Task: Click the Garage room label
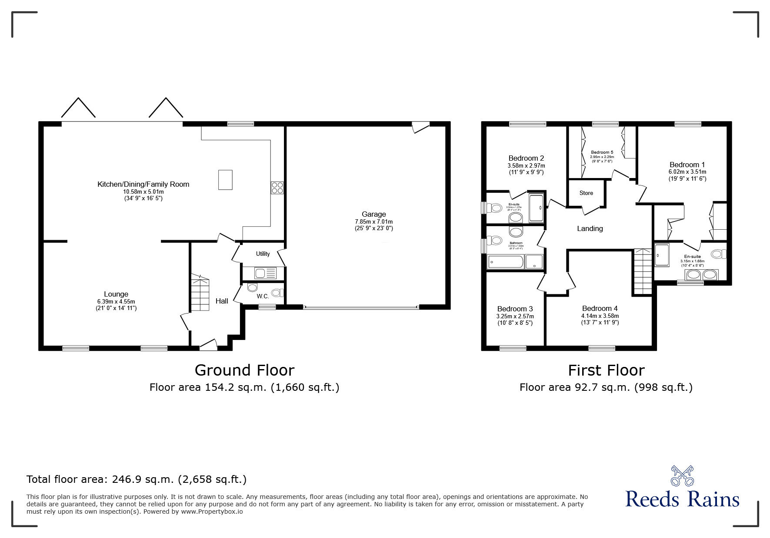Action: pos(373,214)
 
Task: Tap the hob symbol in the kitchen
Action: pos(277,187)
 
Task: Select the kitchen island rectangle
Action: pos(225,179)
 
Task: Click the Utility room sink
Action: pos(265,274)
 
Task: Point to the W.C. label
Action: pos(263,296)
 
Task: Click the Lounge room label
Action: pos(116,294)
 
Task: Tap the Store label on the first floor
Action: pos(586,193)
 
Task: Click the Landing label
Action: pos(590,228)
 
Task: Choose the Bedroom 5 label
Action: pos(602,152)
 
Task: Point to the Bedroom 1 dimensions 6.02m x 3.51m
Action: pos(687,172)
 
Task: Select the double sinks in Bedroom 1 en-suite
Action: pos(701,275)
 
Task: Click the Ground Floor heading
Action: pos(244,370)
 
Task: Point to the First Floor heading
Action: pos(606,370)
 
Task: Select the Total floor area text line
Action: pos(137,479)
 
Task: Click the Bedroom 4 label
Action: pos(600,309)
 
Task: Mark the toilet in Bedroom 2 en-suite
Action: pos(495,208)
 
